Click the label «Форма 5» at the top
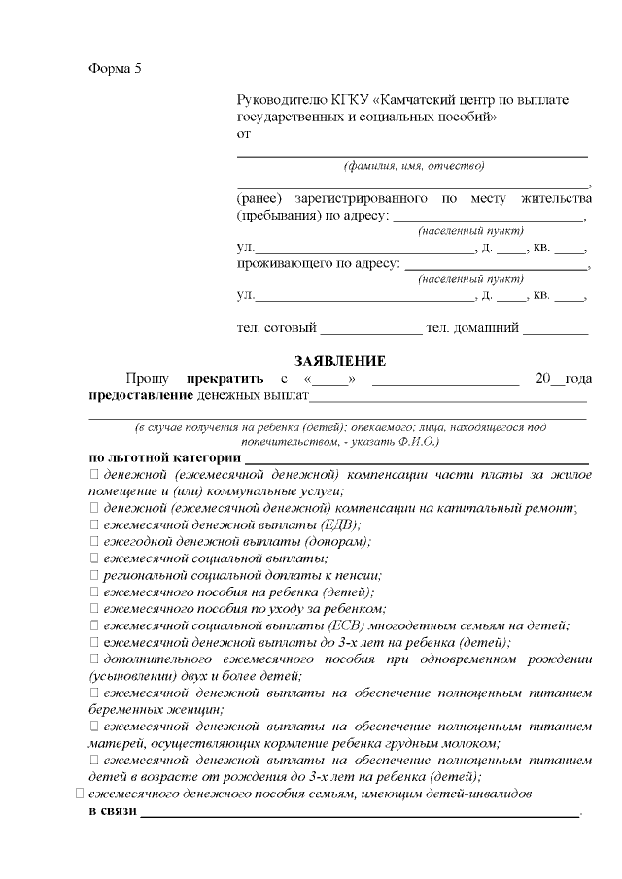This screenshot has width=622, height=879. click(x=115, y=68)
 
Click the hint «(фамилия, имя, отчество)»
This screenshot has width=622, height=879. click(x=413, y=167)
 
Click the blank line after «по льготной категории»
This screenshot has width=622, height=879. click(x=416, y=457)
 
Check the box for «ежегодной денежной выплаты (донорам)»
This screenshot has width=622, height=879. click(x=94, y=541)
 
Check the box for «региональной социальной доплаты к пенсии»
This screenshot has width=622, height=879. click(x=94, y=575)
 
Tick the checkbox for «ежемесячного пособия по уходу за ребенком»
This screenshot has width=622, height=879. click(x=94, y=608)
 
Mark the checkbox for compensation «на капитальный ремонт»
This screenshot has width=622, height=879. click(x=94, y=508)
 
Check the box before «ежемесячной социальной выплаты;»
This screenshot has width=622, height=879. click(x=94, y=558)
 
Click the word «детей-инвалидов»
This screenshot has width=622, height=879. click(x=482, y=794)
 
